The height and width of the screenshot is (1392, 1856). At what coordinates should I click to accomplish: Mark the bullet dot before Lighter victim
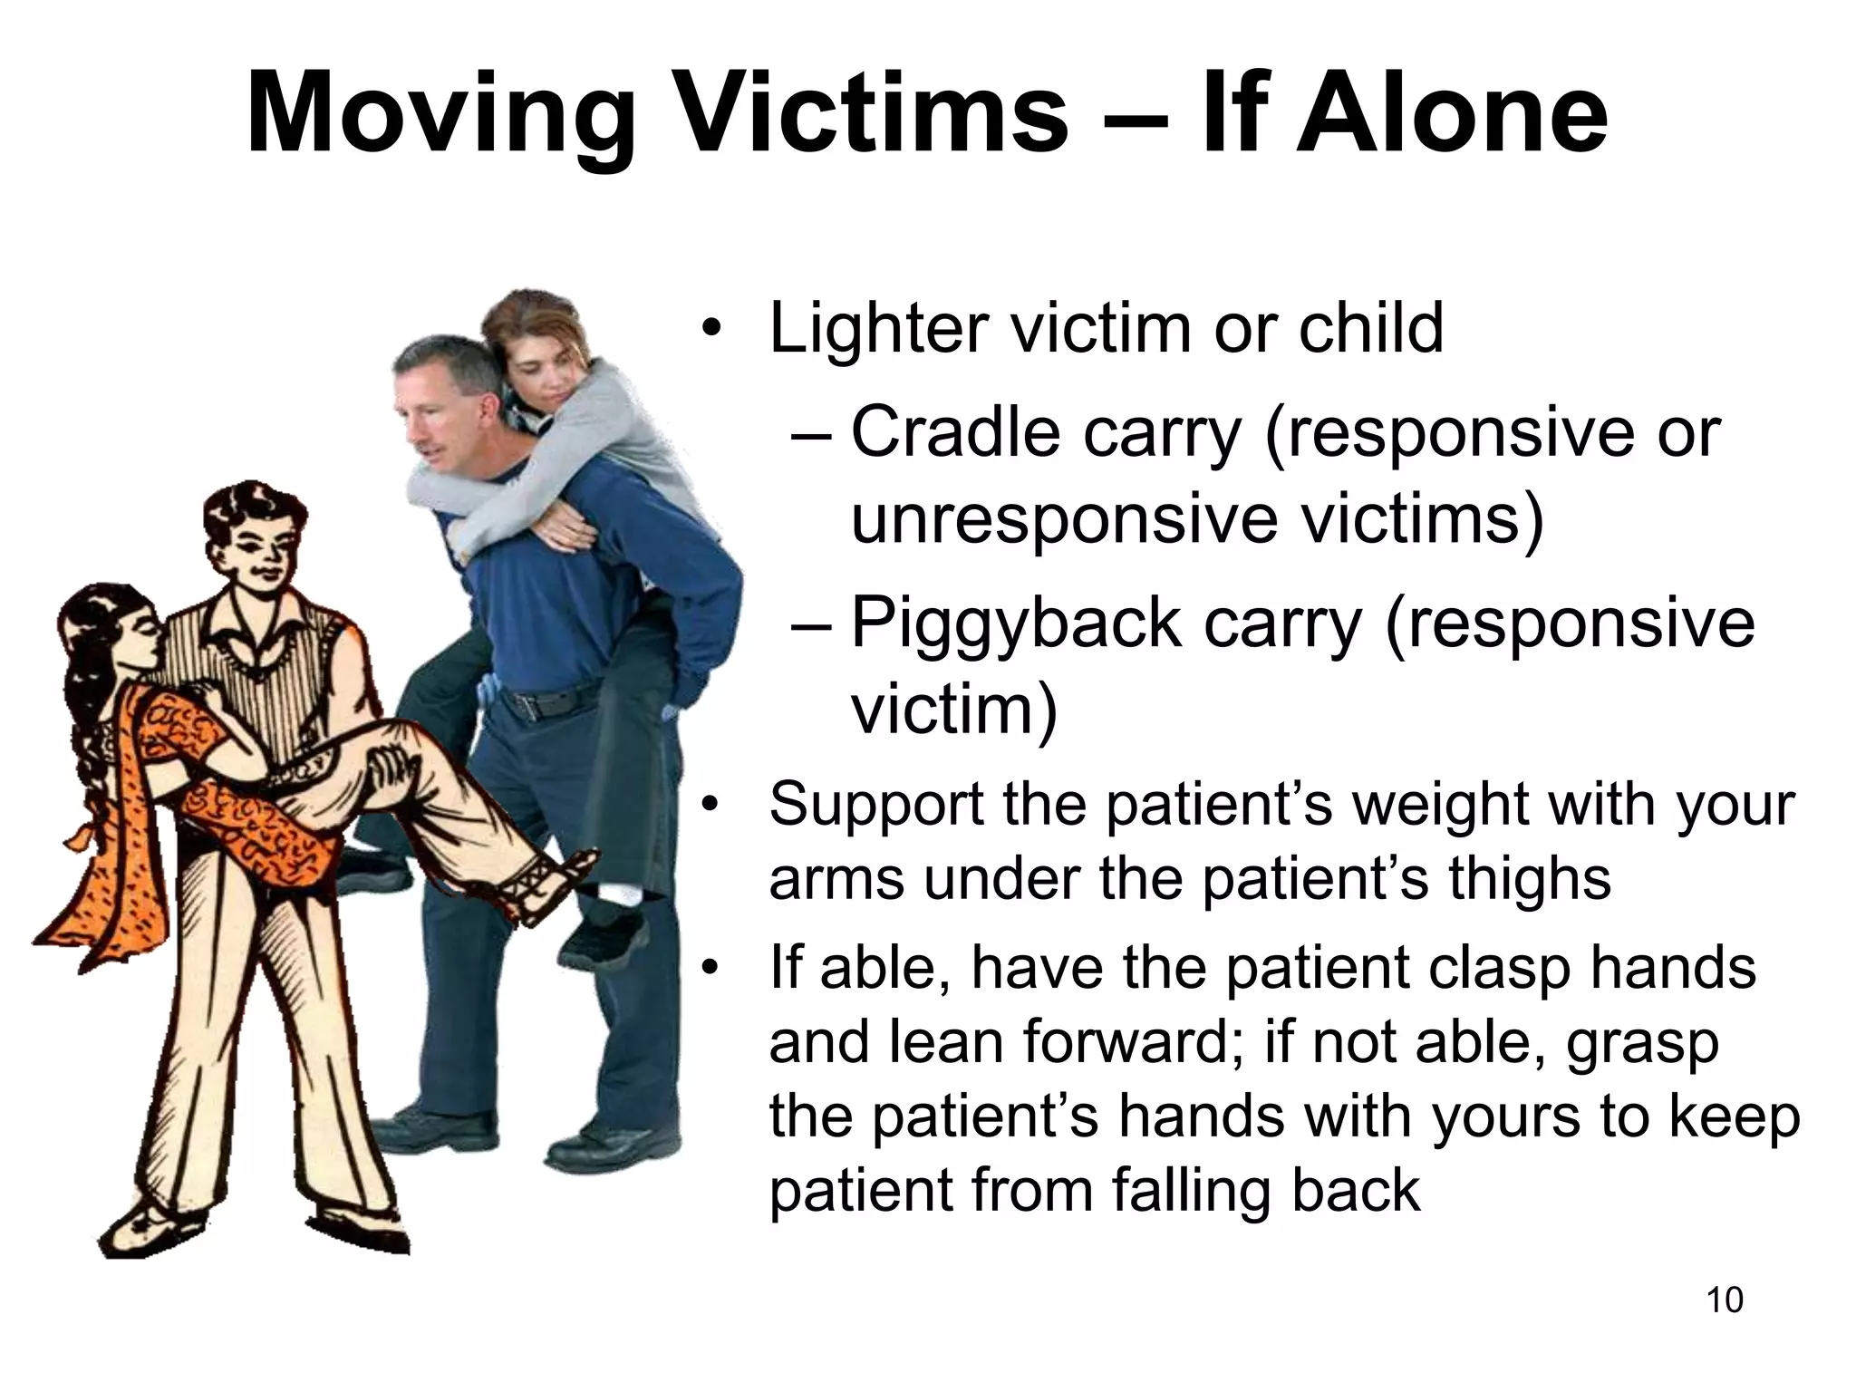(716, 329)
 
